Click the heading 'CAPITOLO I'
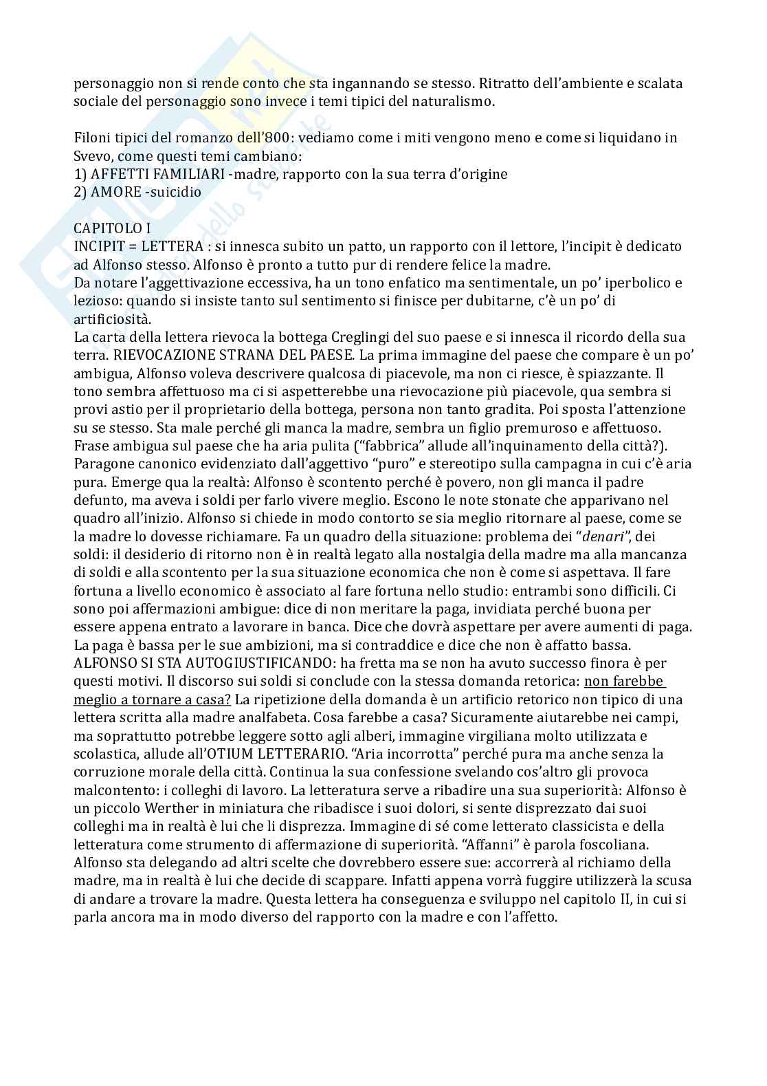click(112, 228)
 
